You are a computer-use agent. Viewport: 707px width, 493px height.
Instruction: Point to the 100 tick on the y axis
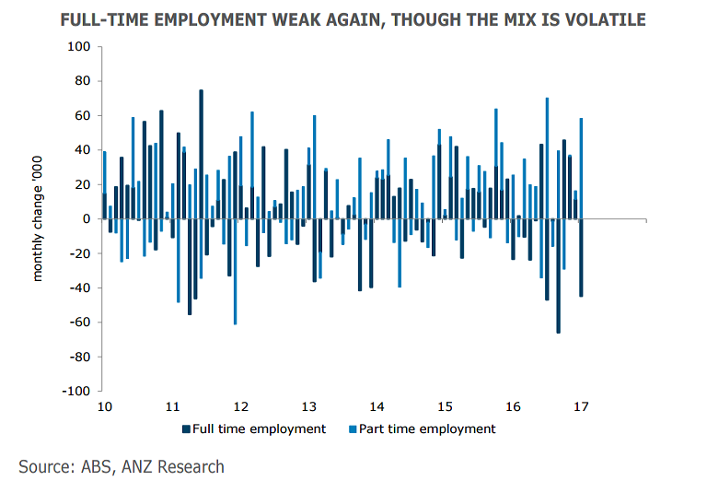[80, 47]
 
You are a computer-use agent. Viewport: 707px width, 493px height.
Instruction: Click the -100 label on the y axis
[77, 391]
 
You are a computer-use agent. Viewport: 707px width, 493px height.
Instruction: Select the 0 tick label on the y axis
[87, 219]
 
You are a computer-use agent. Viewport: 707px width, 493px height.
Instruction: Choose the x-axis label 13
[308, 406]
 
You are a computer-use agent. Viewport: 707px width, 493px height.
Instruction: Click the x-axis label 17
[581, 406]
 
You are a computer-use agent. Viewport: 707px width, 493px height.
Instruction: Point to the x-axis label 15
[445, 406]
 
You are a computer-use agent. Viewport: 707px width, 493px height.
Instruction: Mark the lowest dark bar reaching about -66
[558, 276]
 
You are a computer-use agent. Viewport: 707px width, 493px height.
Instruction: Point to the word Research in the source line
[191, 466]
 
